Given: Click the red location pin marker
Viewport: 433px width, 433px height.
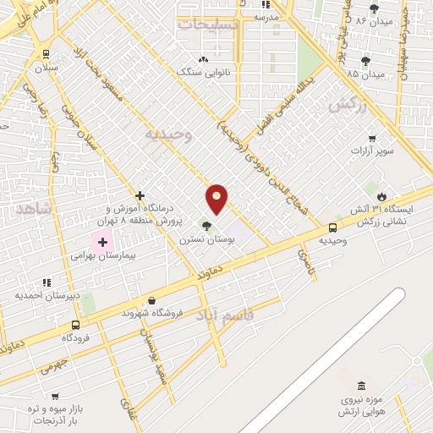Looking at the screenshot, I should [217, 197].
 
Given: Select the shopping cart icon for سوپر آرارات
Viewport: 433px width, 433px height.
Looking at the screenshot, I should [371, 138].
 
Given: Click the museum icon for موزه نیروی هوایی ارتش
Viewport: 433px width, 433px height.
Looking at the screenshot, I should [361, 386].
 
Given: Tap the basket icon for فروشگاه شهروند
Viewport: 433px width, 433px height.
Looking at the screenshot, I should [151, 300].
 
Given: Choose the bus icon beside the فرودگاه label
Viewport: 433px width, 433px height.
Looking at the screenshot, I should [75, 325].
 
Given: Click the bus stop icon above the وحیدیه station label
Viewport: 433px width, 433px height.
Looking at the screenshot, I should [332, 227].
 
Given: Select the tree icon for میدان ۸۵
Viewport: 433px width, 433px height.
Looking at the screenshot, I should [365, 60].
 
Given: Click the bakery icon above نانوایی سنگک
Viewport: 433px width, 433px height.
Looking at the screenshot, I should [202, 59].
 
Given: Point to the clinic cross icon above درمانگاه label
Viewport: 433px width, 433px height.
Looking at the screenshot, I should [140, 195].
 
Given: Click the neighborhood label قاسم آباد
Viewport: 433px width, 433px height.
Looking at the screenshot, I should [225, 315].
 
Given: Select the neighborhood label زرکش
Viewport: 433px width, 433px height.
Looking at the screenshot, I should [343, 105].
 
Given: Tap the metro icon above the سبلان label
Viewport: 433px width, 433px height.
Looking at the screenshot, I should [46, 53].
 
